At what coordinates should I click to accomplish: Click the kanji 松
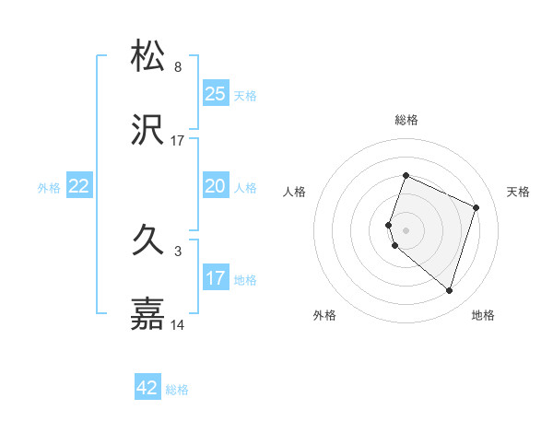click(148, 56)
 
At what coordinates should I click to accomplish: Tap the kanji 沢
click(148, 131)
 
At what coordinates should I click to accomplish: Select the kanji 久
click(148, 241)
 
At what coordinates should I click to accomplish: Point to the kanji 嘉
click(148, 314)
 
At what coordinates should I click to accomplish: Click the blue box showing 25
click(215, 94)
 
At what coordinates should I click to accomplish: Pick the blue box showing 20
click(215, 186)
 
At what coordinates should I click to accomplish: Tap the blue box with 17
click(215, 278)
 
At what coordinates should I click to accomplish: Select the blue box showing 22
click(78, 186)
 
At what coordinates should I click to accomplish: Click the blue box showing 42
click(147, 388)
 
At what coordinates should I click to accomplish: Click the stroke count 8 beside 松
click(178, 67)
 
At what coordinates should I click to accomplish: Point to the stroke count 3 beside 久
click(178, 251)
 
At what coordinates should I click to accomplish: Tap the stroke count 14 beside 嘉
click(178, 325)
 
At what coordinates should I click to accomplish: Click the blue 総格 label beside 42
click(177, 390)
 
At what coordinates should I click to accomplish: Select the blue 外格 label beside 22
click(49, 188)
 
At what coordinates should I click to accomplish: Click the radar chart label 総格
click(406, 120)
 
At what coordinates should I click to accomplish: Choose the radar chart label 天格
click(518, 192)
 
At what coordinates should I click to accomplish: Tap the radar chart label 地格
click(483, 315)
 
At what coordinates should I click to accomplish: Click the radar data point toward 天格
click(477, 207)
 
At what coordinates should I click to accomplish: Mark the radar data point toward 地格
click(449, 290)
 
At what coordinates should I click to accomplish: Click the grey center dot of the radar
click(406, 229)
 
